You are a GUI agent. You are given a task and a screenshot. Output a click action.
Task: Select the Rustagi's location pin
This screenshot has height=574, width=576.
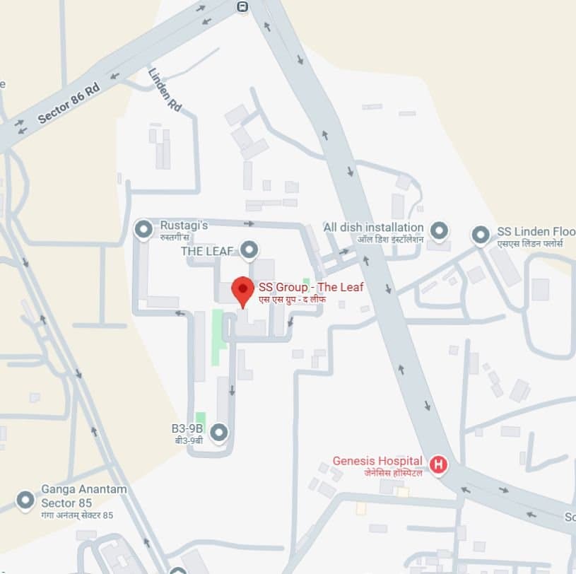(143, 228)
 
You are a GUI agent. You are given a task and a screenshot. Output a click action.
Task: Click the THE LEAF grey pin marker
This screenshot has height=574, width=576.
(248, 250)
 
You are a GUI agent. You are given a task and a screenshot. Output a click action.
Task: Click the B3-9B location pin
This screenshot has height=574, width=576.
(220, 430)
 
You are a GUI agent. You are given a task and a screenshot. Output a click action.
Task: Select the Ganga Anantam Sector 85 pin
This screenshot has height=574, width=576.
(26, 500)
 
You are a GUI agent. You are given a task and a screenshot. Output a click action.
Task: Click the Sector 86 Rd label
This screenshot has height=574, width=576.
(68, 104)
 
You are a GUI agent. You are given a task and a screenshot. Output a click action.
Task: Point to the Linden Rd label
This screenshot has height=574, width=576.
(165, 90)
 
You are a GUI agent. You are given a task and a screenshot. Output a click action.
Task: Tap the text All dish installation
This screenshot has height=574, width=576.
(373, 228)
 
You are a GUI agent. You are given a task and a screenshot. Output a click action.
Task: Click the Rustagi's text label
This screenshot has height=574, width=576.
(184, 225)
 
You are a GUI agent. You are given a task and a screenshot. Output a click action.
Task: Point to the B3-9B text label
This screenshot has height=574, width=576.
(187, 428)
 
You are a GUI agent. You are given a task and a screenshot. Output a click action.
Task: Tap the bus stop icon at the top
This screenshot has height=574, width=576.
(242, 6)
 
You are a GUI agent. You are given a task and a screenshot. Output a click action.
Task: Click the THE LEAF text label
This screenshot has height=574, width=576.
(208, 251)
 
